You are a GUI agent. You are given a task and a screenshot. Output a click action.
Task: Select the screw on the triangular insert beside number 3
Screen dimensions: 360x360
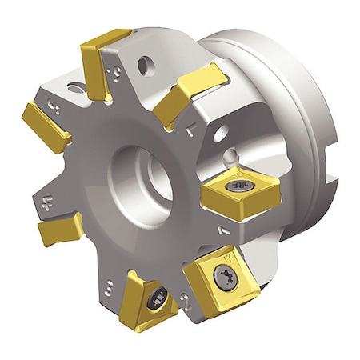(158, 302)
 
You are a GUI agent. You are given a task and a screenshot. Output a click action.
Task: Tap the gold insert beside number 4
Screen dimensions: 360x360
(60, 230)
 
